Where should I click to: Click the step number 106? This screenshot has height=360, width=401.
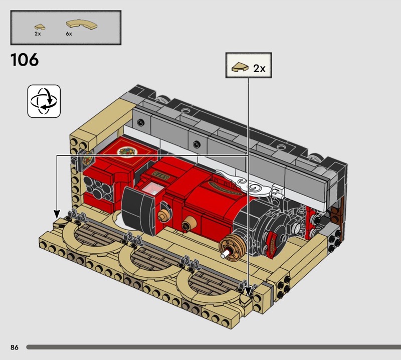pos(25,60)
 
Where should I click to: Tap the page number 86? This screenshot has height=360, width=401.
pos(15,347)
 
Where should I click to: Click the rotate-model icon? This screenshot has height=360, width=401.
pos(44,101)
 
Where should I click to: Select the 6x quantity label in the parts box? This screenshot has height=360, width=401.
pos(69,34)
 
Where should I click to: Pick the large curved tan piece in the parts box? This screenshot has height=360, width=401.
pos(82,24)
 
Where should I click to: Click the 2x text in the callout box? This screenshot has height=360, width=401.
pos(259,68)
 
